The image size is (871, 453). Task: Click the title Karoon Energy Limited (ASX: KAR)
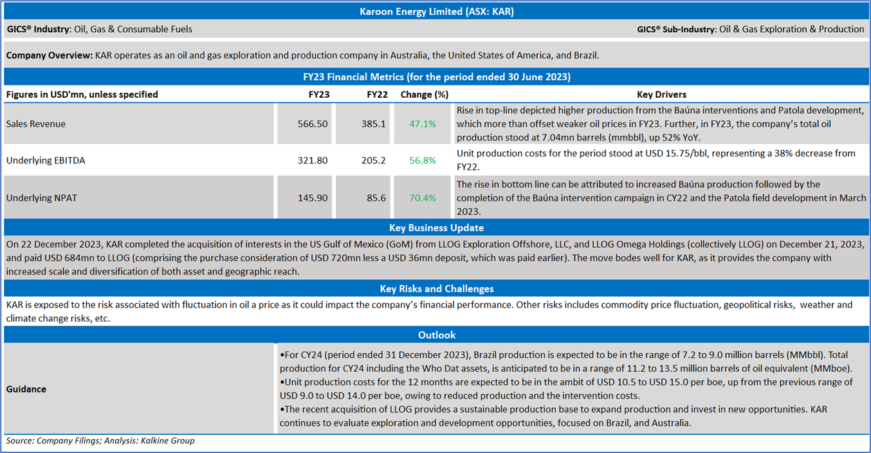point(435,12)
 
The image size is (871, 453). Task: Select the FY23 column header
point(319,95)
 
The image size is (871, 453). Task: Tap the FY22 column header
point(377,95)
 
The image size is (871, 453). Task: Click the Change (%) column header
point(424,95)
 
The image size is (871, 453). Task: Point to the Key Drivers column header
point(661,95)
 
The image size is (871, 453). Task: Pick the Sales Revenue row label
point(36,124)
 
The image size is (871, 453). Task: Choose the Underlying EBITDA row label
point(46,160)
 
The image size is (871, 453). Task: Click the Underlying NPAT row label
point(42,198)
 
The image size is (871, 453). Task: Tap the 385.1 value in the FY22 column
point(374,124)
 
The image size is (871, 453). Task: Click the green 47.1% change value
point(423,124)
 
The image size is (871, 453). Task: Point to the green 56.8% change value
point(423,160)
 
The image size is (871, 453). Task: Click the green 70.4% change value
point(423,198)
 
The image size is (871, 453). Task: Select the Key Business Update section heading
point(436,228)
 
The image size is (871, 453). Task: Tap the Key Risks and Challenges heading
point(436,289)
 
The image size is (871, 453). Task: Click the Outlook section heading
point(436,335)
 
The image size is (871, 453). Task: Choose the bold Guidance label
point(26,389)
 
